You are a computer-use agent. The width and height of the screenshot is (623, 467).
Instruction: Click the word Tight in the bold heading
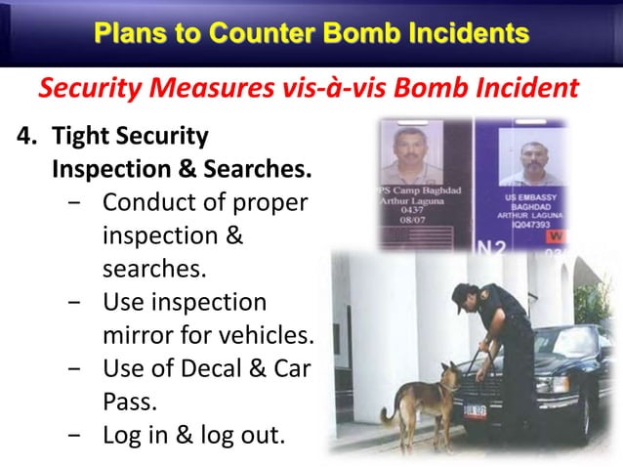(84, 136)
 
